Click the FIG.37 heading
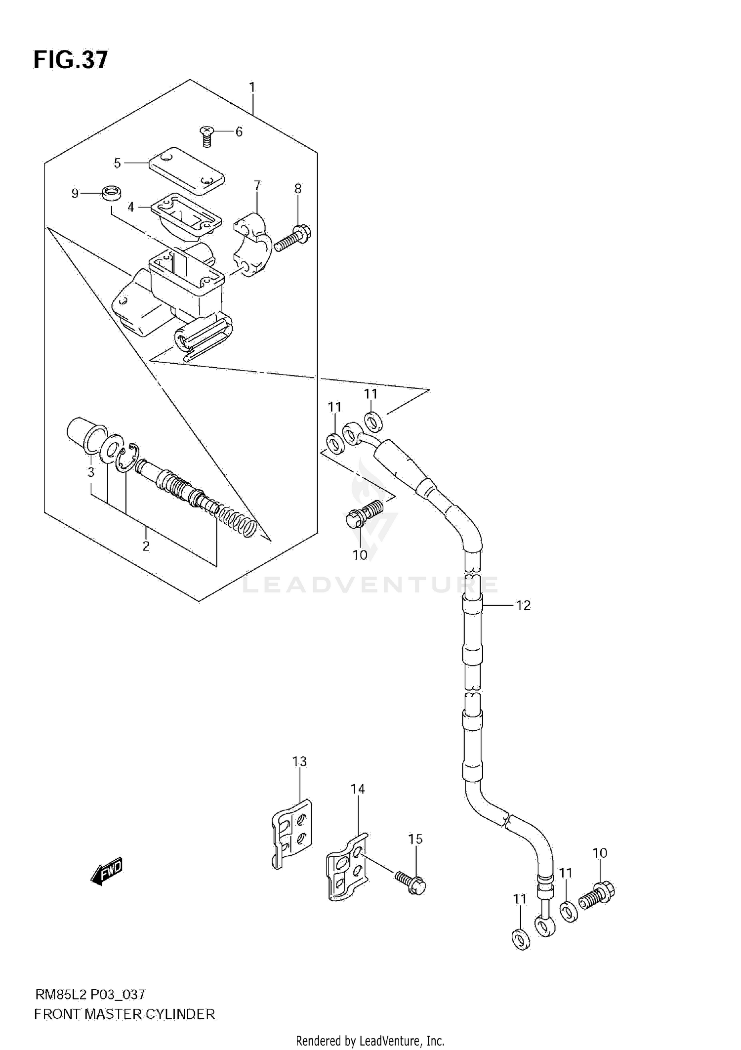(70, 60)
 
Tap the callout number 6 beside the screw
(239, 131)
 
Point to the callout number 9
(75, 193)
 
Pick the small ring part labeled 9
(112, 193)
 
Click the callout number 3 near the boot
(91, 472)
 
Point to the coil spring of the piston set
(238, 522)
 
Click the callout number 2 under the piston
(146, 546)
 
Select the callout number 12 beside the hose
(523, 605)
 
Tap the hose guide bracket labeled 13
(292, 834)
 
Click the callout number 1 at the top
(252, 87)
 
